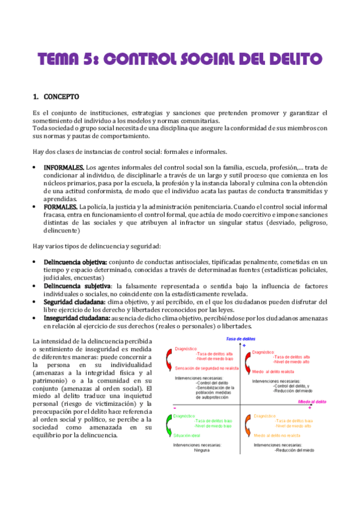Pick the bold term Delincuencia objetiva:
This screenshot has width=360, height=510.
coord(75,262)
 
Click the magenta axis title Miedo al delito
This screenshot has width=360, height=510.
coord(313,383)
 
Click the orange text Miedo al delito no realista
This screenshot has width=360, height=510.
coord(276,417)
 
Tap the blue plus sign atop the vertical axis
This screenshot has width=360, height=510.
coord(244,346)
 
